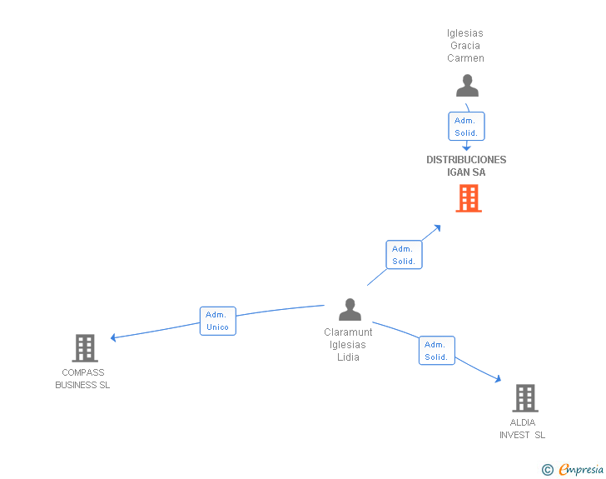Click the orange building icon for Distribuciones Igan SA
pos(469,198)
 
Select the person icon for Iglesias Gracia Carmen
pos(467,86)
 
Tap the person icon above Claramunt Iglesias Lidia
pos(350,310)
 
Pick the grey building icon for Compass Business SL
pos(85,348)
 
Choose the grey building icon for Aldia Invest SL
pos(525,397)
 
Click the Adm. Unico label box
pos(218,321)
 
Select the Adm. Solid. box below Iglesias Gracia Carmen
pos(466,126)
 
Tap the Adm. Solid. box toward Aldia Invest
pos(437,350)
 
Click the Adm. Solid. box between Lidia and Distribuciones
pos(404,255)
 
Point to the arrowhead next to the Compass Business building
pos(113,337)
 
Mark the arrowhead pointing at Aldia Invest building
pos(498,379)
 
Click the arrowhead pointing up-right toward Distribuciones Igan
pos(437,228)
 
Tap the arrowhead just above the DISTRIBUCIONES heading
pos(466,147)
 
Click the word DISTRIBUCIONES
pos(466,160)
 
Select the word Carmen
pos(465,58)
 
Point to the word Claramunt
pos(348,332)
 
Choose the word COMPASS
pos(83,372)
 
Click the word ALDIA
pos(523,422)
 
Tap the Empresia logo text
pos(581,469)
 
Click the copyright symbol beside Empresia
pos(548,470)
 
